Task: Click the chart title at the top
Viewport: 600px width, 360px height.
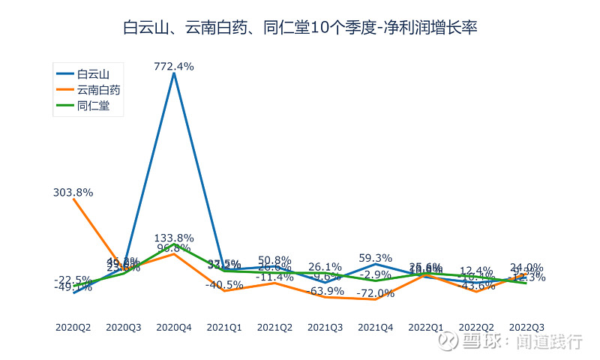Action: coord(300,28)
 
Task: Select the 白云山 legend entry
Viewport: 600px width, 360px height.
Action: coord(94,73)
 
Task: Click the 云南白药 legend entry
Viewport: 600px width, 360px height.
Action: coord(99,90)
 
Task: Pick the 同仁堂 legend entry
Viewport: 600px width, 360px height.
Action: coord(94,106)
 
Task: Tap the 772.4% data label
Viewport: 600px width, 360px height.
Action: coord(174,67)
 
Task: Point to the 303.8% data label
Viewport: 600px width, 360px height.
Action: coord(73,193)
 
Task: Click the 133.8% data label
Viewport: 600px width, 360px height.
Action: coord(174,238)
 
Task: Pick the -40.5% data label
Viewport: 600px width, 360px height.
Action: coord(224,285)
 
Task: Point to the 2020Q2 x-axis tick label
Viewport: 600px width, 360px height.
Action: coord(73,327)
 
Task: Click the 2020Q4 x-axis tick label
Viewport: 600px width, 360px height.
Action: coord(174,327)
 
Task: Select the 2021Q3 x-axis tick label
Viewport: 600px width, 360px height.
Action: coord(325,327)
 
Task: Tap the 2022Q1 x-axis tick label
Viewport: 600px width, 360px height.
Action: coord(426,327)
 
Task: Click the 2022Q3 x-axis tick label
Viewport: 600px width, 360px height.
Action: coord(526,327)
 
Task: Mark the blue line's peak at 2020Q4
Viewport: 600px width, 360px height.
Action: coord(174,73)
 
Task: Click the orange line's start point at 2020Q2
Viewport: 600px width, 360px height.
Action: coord(73,199)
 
